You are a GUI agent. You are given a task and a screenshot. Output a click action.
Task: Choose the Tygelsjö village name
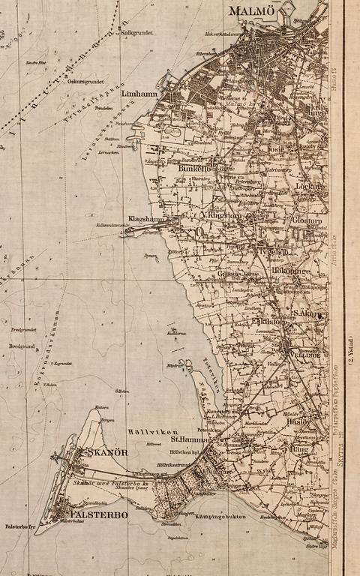tap(273, 253)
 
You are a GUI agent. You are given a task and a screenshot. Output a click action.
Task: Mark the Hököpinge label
tap(291, 270)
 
